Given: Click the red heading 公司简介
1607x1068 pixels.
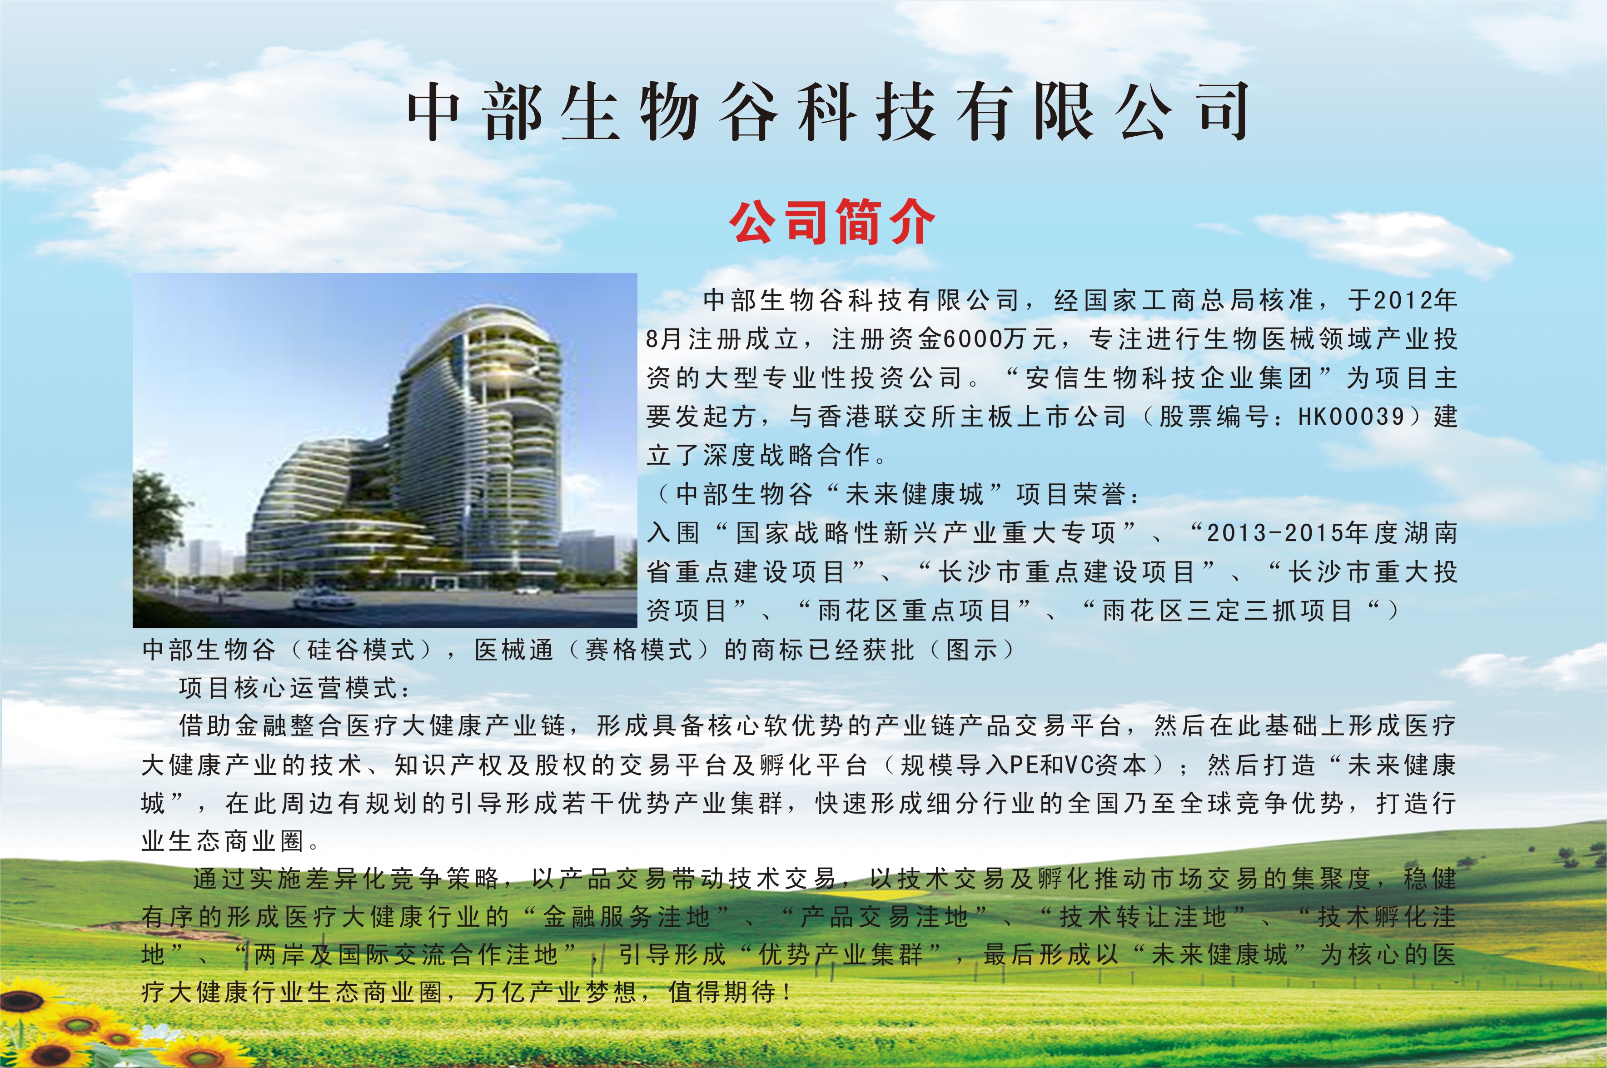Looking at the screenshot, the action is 832,222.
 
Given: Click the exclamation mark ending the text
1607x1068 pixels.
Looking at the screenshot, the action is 787,993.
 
